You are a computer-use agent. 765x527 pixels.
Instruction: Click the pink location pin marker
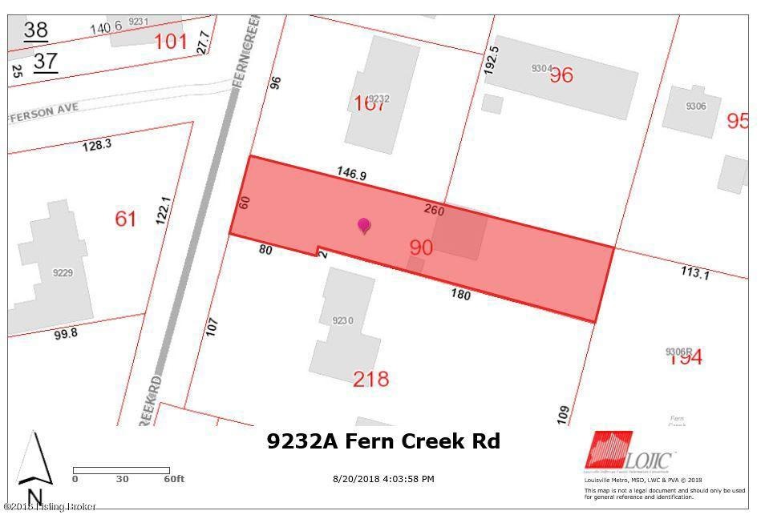tap(364, 226)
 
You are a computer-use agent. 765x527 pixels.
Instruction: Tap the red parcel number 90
tap(420, 247)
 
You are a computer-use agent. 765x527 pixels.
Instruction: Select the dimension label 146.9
tap(351, 173)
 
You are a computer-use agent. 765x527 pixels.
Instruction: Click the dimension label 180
tap(460, 295)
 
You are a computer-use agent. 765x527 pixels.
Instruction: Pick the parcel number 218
tap(370, 378)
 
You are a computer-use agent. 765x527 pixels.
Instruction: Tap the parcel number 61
tap(126, 218)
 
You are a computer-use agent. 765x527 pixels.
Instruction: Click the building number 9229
tap(63, 273)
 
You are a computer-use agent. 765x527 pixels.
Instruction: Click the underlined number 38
tap(35, 30)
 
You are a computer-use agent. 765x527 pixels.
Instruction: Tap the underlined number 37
tap(46, 61)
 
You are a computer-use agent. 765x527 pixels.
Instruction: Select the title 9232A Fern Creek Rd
tap(383, 441)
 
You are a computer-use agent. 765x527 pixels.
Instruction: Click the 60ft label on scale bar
tap(173, 479)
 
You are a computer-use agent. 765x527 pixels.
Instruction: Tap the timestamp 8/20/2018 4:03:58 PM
tap(383, 479)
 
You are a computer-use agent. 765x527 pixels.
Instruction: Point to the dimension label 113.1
tap(695, 273)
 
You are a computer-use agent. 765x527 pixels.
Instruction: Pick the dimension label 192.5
tap(492, 60)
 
